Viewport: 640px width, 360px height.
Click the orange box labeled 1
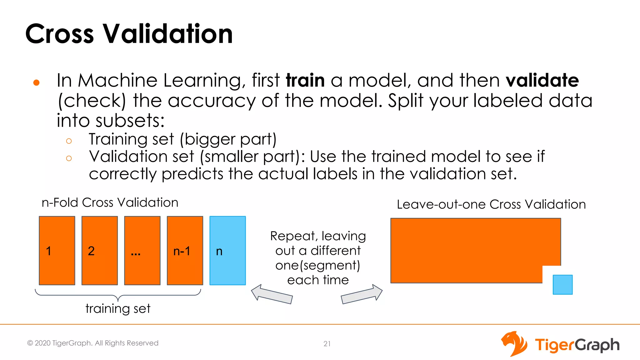[57, 250]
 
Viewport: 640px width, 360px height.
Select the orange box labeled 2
[100, 250]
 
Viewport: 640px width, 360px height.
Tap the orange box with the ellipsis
[142, 250]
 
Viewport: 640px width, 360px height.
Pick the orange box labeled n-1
[185, 250]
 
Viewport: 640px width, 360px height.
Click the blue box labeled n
[227, 250]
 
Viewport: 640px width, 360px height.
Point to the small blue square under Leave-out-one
[562, 284]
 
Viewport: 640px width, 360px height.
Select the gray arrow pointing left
[271, 294]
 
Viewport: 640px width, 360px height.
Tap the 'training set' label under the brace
[118, 308]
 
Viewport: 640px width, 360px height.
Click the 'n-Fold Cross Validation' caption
[110, 202]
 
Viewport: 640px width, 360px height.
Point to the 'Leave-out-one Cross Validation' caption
[491, 204]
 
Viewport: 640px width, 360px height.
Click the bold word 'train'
[305, 80]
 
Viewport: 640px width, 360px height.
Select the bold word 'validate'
[542, 80]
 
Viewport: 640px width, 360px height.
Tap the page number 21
[327, 344]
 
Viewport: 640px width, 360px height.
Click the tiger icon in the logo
[514, 344]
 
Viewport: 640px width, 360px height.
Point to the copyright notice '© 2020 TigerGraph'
[93, 343]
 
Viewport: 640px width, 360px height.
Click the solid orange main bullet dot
[36, 82]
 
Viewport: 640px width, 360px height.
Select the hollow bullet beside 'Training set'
[69, 141]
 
